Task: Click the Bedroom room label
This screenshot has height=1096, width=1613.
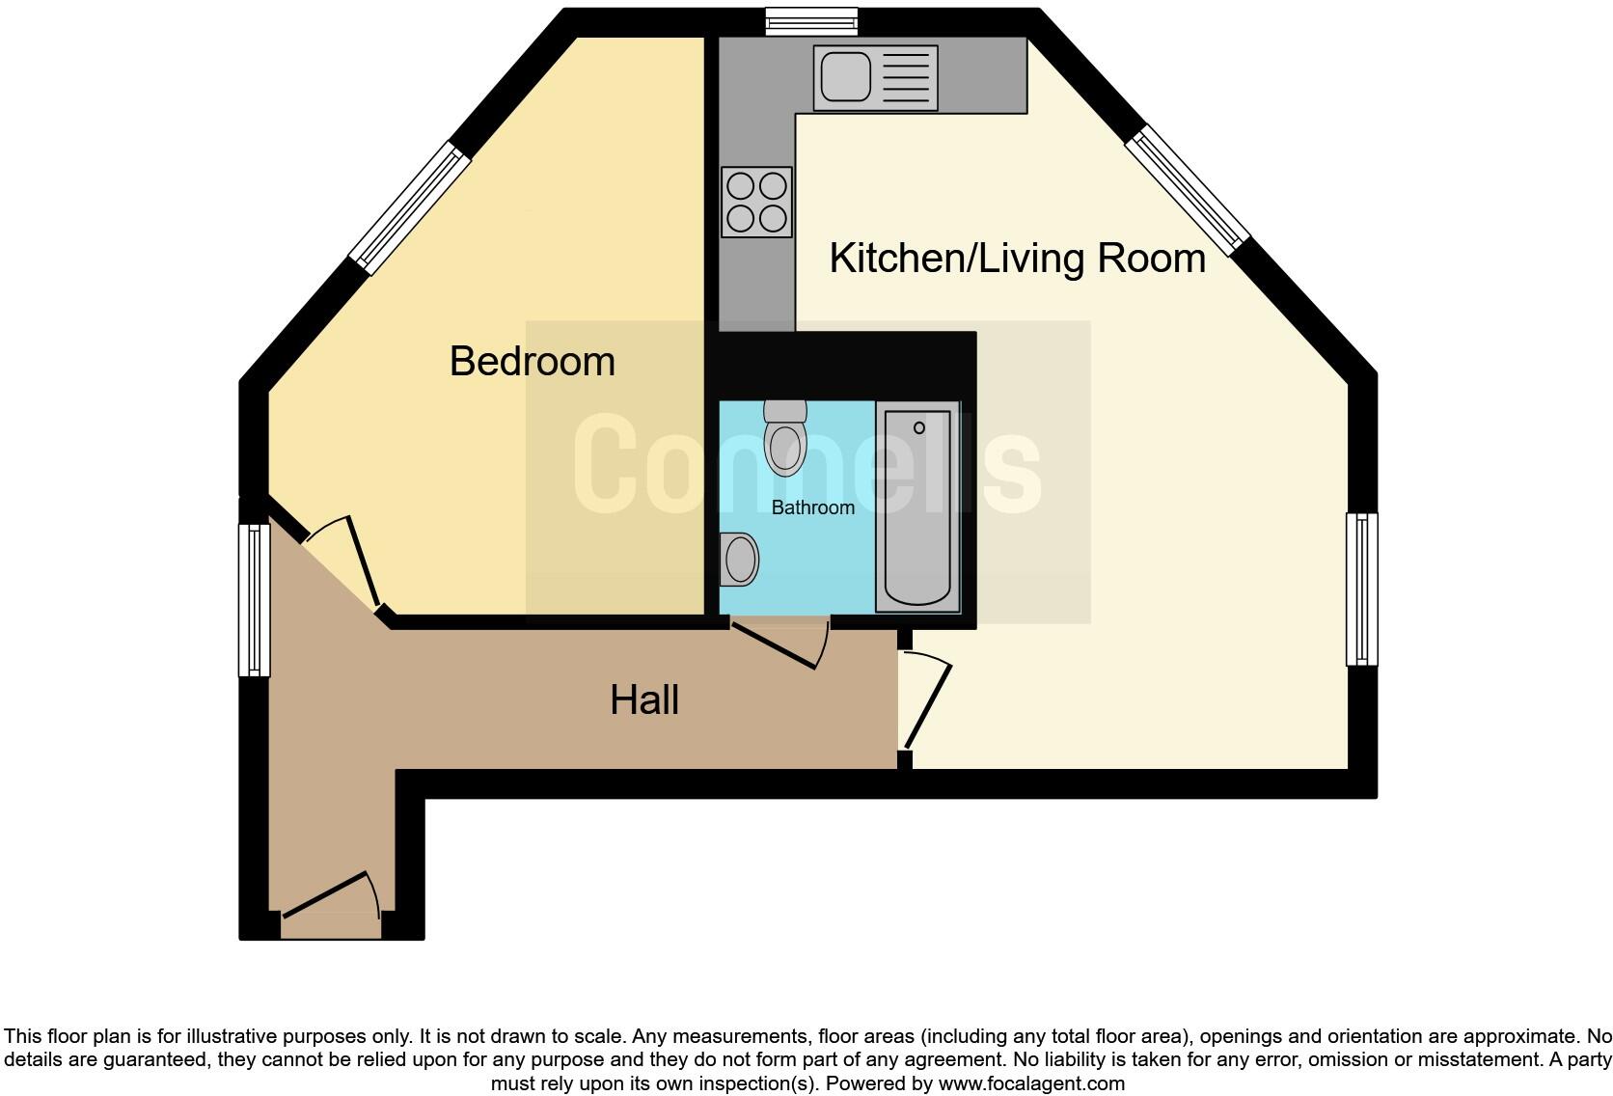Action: coord(532,362)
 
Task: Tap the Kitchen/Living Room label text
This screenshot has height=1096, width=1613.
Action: coord(1017,259)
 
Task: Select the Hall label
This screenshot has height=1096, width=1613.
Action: coord(643,700)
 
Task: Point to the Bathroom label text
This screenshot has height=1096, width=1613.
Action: coord(812,507)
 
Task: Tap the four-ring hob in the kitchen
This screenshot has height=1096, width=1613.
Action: coord(756,202)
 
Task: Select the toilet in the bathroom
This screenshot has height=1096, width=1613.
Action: coord(784,439)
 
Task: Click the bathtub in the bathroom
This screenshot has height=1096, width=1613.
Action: coord(917,507)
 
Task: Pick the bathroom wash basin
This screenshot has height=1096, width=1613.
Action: coord(739,560)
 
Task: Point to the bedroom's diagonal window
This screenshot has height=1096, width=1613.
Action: coord(410,207)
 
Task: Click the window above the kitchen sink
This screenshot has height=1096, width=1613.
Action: coord(811,21)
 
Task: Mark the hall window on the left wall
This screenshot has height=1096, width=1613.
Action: coord(255,599)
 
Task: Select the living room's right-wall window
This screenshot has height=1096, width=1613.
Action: coord(1361,589)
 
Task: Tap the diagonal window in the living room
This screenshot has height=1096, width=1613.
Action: coord(1188,190)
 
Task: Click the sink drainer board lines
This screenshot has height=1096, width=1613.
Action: coord(906,77)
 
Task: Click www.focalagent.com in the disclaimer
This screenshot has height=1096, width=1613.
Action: coord(1030,1083)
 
